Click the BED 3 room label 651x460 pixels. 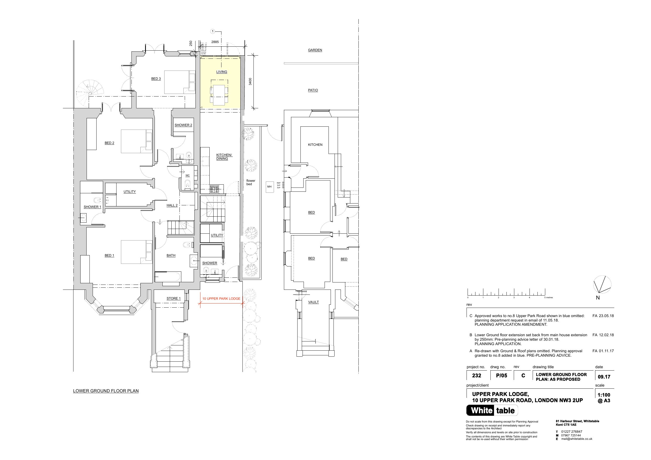click(156, 78)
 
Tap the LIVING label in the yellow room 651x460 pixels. click(222, 72)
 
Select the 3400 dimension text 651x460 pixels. click(250, 82)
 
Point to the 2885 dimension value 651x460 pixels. click(215, 42)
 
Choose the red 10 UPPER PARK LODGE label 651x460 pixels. click(221, 298)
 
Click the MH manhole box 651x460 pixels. click(269, 187)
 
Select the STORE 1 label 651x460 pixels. click(173, 298)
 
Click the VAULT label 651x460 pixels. click(313, 302)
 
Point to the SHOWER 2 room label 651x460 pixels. click(183, 125)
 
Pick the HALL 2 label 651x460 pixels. click(172, 205)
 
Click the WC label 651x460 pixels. click(187, 175)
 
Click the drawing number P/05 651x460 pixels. click(502, 376)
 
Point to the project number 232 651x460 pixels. click(477, 376)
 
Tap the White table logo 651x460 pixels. click(492, 410)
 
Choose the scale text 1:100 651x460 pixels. click(604, 395)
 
